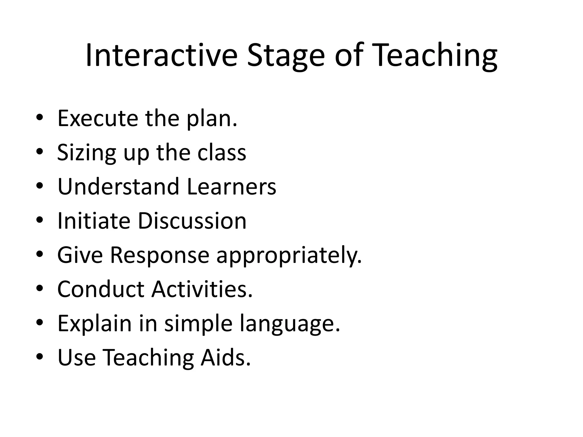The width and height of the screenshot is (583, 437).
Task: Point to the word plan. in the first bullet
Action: pos(212,119)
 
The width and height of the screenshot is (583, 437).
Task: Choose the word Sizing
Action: pos(86,153)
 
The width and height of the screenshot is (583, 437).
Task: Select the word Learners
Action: pos(231,187)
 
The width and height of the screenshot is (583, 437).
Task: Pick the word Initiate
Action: pos(94,221)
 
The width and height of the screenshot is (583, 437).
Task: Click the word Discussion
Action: pos(192,221)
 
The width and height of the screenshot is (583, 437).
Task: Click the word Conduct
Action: pos(101,289)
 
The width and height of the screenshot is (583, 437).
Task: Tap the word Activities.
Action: pos(202,289)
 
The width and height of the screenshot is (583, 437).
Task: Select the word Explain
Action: pos(95,324)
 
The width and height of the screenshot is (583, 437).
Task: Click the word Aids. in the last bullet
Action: pos(226,358)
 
